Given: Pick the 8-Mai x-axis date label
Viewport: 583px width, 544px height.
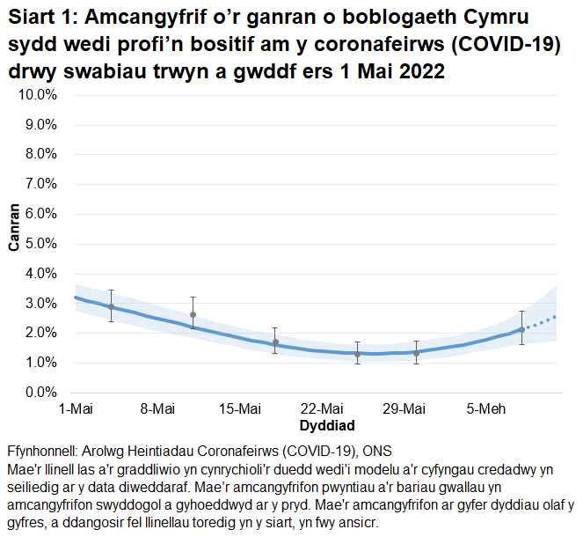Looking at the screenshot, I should [x=157, y=408].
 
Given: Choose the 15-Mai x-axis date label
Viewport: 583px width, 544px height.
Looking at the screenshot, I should [x=239, y=408].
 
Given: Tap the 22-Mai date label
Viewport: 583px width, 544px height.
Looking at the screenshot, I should [x=322, y=408].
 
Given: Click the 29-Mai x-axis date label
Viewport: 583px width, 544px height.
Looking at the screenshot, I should [x=404, y=408].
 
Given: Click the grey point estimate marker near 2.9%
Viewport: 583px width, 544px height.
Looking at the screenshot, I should [x=111, y=306].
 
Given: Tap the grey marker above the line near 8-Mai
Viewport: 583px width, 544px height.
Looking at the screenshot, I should [x=193, y=314].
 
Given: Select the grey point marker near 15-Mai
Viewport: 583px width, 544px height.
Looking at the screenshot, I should [x=275, y=342].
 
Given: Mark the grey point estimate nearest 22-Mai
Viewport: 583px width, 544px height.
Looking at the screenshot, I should [x=357, y=354].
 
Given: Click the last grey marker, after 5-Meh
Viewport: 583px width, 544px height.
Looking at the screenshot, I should [x=521, y=329].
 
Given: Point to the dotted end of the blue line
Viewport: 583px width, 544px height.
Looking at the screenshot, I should [x=545, y=320].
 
